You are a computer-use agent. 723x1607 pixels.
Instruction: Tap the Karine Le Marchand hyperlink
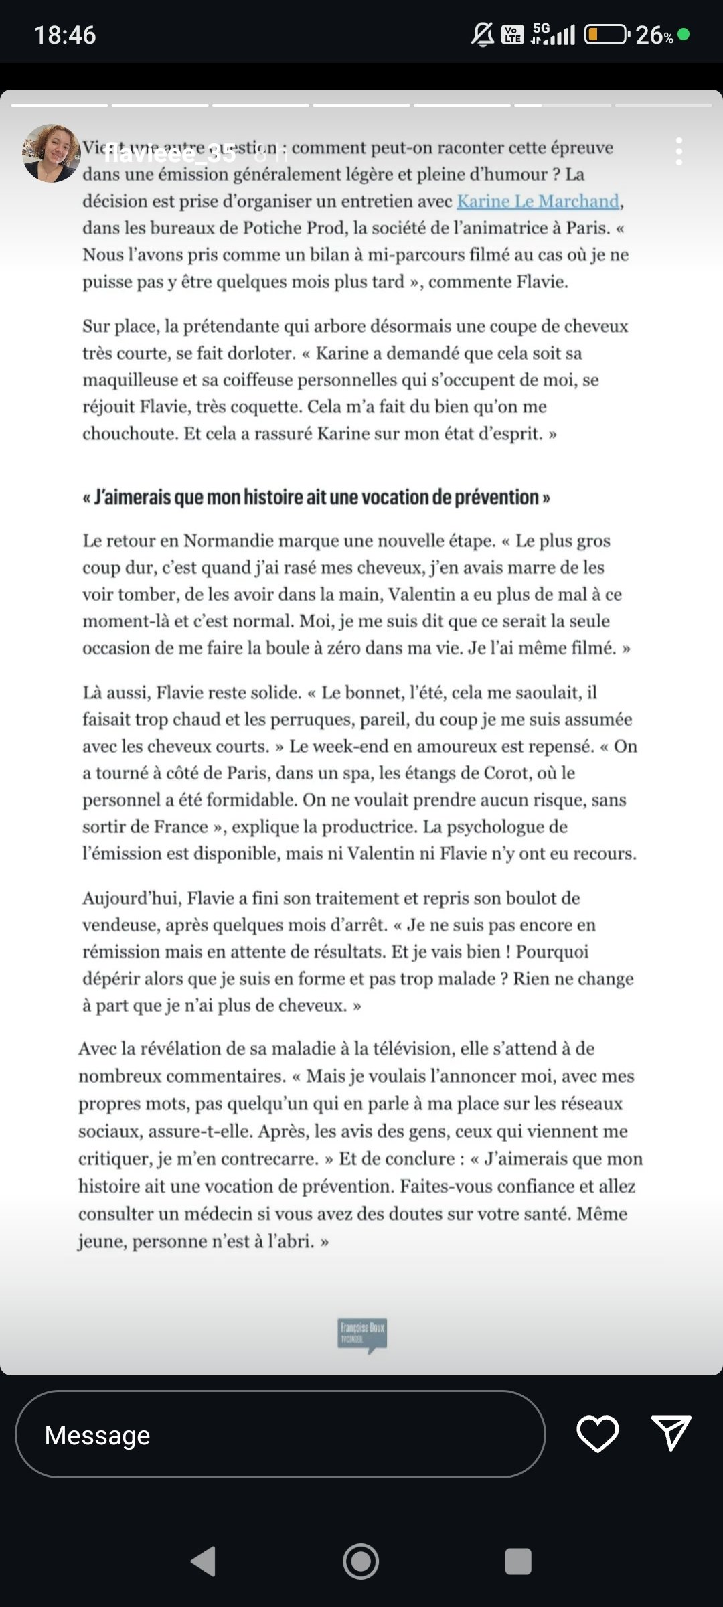pos(538,201)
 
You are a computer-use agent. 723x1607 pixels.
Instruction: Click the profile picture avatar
pos(51,153)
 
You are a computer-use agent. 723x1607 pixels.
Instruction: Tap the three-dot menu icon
pos(679,152)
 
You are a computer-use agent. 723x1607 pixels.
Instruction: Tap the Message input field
pos(280,1435)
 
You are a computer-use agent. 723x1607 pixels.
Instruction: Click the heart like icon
pos(597,1434)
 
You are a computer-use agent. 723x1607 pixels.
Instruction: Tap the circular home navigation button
pos(361,1561)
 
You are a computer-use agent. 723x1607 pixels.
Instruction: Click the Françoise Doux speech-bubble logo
pos(362,1335)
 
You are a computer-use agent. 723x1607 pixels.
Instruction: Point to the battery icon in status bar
pos(607,34)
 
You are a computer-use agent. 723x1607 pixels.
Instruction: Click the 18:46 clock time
pos(65,35)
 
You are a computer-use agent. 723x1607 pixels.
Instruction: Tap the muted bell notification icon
pos(483,34)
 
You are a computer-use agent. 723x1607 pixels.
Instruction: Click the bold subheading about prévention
pos(316,498)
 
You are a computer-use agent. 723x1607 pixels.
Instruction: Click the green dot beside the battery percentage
pos(684,34)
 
